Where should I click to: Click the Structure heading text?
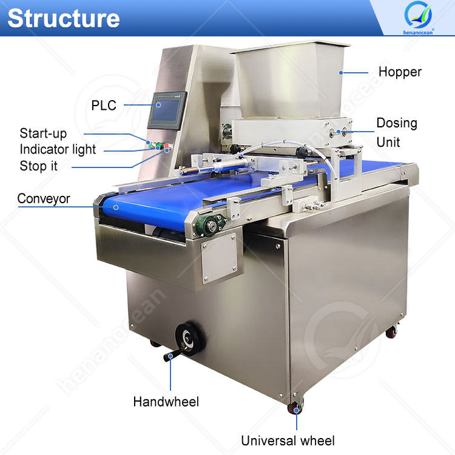(x=63, y=18)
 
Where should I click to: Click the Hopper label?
(x=400, y=72)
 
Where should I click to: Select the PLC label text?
(x=104, y=105)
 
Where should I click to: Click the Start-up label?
(x=43, y=133)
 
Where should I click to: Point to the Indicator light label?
(x=58, y=149)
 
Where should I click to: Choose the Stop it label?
(x=39, y=165)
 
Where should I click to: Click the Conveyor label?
(x=44, y=198)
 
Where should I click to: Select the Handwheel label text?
(x=166, y=401)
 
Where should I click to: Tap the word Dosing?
(x=397, y=123)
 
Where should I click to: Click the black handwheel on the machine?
(x=189, y=337)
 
